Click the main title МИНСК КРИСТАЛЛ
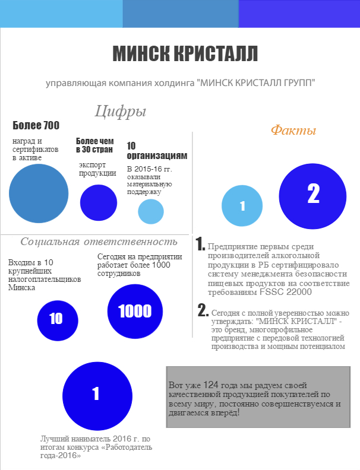(x=185, y=53)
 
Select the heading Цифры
(x=120, y=111)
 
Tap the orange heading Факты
(x=293, y=131)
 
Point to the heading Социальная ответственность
(x=99, y=242)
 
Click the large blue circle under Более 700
(x=39, y=193)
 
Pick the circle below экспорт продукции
(x=99, y=202)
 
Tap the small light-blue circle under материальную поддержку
(x=151, y=212)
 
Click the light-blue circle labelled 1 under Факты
(x=242, y=206)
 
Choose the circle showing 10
(x=58, y=319)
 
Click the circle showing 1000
(x=135, y=311)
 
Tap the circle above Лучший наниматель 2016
(x=96, y=393)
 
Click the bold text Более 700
(x=36, y=125)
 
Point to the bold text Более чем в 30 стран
(x=95, y=145)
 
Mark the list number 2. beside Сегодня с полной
(x=203, y=310)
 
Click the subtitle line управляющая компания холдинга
(x=180, y=83)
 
